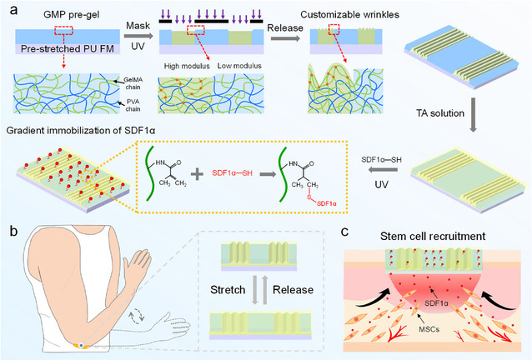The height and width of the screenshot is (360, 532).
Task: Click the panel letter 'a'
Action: pyautogui.click(x=8, y=8)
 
